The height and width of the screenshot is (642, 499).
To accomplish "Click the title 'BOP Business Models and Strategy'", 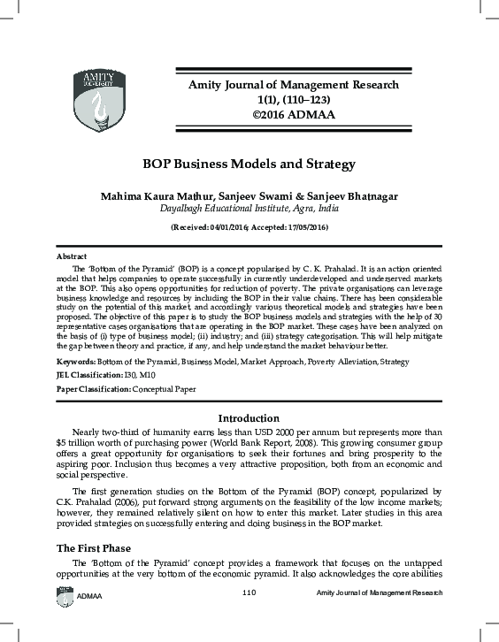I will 249,164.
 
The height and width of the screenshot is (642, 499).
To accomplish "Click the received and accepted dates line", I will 249,227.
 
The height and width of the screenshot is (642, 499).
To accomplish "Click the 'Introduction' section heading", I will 249,418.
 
